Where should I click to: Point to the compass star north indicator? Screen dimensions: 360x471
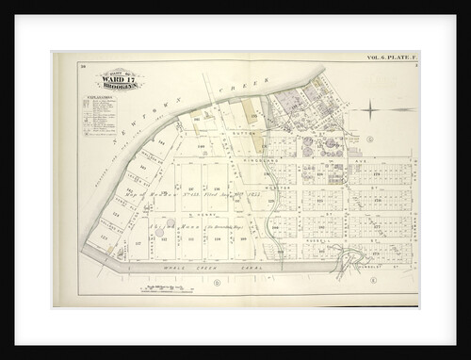click(x=373, y=112)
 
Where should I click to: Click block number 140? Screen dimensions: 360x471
click(x=201, y=147)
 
